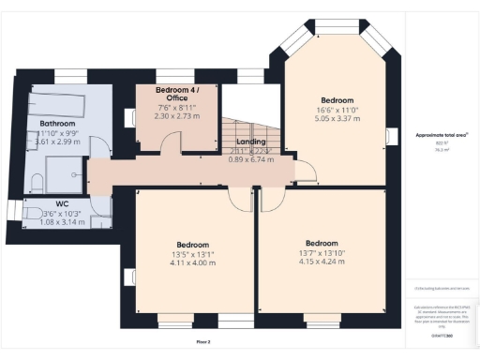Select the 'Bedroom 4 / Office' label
pos(175,94)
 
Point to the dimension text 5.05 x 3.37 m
pos(337,119)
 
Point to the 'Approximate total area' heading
pos(442,135)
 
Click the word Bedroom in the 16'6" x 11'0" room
pos(337,100)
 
